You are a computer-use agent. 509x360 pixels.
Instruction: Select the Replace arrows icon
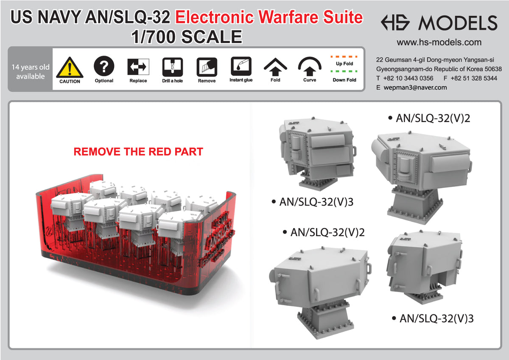point(138,67)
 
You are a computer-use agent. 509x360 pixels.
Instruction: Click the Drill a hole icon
point(173,67)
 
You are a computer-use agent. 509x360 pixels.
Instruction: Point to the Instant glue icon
point(241,66)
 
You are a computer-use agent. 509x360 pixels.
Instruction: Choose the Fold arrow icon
point(275,66)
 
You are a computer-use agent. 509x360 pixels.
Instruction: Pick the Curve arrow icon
point(310,66)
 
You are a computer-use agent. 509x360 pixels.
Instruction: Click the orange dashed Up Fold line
point(344,56)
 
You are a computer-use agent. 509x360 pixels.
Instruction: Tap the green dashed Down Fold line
point(344,71)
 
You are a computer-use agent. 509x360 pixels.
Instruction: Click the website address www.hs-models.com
point(439,42)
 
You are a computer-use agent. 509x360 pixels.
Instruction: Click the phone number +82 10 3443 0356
point(408,78)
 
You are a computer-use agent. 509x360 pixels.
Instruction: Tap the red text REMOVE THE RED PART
point(138,151)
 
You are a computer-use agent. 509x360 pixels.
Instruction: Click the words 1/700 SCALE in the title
point(187,37)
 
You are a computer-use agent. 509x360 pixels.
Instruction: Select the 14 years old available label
point(31,72)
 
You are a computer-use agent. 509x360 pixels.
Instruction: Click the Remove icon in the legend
point(207,67)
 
